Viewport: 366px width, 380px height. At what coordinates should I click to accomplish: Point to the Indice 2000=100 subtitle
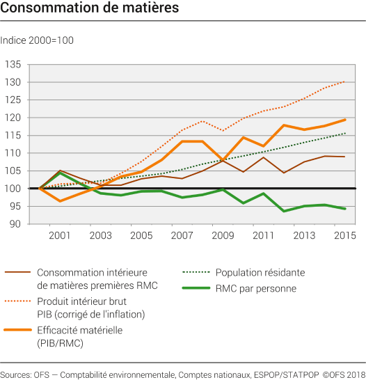coord(37,40)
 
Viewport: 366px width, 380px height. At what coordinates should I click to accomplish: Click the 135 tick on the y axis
coord(13,65)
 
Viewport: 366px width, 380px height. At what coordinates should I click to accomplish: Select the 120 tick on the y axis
coord(13,118)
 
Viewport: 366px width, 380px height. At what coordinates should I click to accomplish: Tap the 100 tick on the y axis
coord(13,189)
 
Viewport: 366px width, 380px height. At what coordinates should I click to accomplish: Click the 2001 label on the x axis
coord(60,236)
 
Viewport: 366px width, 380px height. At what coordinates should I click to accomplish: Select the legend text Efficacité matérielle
coord(80,330)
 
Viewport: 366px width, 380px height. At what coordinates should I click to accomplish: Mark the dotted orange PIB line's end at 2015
coord(344,81)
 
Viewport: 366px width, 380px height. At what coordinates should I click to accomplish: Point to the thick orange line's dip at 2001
coord(60,201)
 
